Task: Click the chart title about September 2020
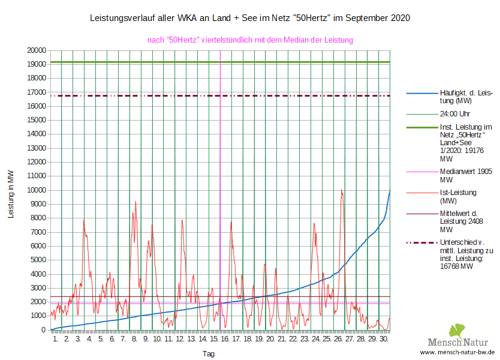pyautogui.click(x=249, y=18)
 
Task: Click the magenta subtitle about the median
pyautogui.click(x=250, y=40)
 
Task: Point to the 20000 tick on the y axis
pyautogui.click(x=37, y=50)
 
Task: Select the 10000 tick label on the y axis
pyautogui.click(x=37, y=190)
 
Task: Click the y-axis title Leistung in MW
pyautogui.click(x=11, y=193)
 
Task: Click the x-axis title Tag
pyautogui.click(x=209, y=354)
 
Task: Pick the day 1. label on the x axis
pyautogui.click(x=56, y=339)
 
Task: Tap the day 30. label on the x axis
pyautogui.click(x=384, y=339)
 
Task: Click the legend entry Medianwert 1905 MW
pyautogui.click(x=466, y=175)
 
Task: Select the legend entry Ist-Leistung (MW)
pyautogui.click(x=458, y=196)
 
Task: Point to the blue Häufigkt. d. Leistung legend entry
pyautogui.click(x=466, y=97)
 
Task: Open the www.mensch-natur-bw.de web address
pyautogui.click(x=457, y=352)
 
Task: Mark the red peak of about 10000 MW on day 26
pyautogui.click(x=342, y=190)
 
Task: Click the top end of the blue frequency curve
pyautogui.click(x=390, y=191)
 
